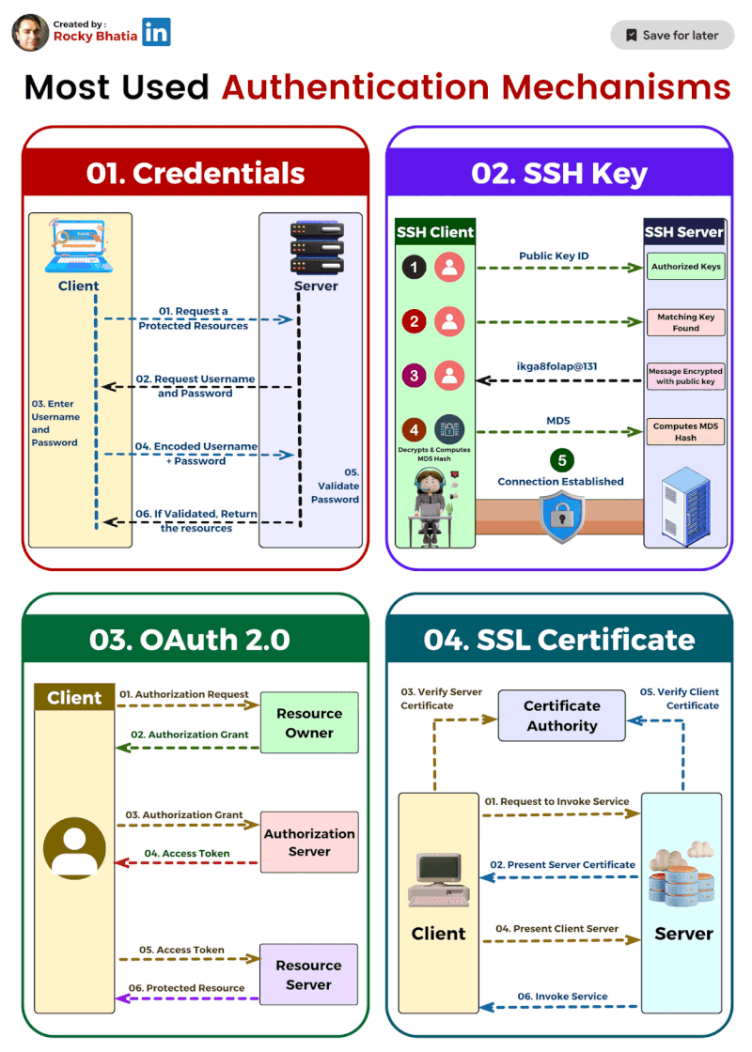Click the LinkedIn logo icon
click(x=157, y=32)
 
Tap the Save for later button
click(x=671, y=35)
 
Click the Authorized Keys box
click(x=685, y=267)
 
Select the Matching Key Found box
click(x=685, y=322)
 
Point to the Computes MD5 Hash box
click(x=685, y=432)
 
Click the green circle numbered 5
click(x=560, y=460)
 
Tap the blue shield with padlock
click(x=560, y=518)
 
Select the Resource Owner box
click(x=309, y=723)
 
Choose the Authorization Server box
click(x=309, y=843)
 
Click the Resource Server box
click(x=309, y=975)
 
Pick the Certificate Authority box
click(x=561, y=716)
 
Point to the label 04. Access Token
click(x=187, y=854)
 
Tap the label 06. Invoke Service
click(x=562, y=996)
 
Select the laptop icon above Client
click(x=79, y=247)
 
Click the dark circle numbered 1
click(x=415, y=268)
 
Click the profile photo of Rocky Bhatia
click(x=30, y=33)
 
